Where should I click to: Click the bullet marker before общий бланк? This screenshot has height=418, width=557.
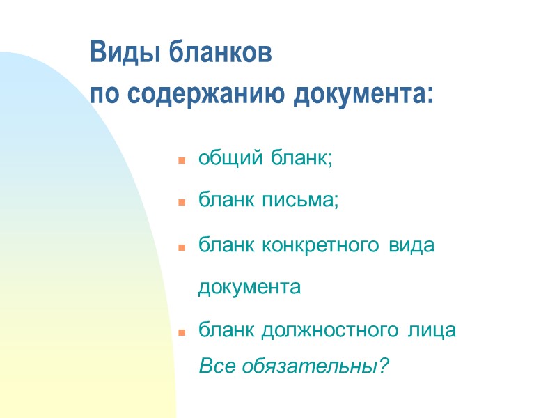click(x=180, y=160)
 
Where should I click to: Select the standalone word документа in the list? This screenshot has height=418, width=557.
click(x=249, y=288)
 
